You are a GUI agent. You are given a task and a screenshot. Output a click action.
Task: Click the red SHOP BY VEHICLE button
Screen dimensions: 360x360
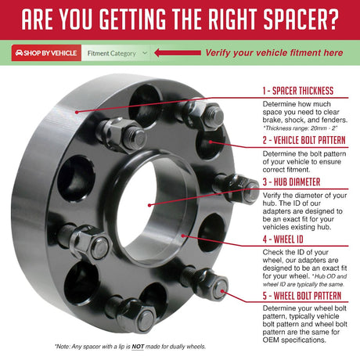[x=46, y=53]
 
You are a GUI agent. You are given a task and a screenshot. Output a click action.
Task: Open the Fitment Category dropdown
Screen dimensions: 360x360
[x=116, y=53]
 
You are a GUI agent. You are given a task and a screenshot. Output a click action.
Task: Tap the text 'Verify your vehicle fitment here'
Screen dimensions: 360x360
[x=274, y=53]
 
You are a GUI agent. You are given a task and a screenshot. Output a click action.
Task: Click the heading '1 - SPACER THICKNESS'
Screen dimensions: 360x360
[x=297, y=92]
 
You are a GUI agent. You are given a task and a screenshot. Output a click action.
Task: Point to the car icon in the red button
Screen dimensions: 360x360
[x=19, y=53]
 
